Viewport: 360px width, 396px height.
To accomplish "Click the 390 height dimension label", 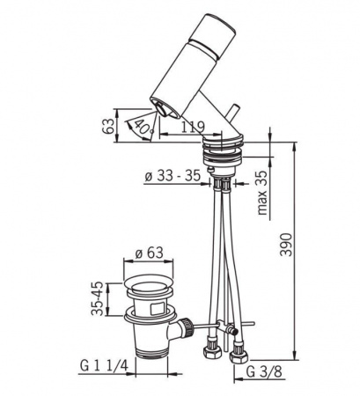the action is (285, 245).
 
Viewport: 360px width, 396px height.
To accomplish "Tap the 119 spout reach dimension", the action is (192, 128).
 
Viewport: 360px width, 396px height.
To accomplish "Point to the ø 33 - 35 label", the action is (173, 176).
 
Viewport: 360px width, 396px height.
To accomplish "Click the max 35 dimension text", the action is (262, 193).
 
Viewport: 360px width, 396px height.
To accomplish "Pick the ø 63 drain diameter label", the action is (149, 253).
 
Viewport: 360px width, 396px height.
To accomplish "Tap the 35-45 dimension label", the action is (98, 298).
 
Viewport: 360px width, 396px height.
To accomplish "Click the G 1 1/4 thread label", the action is (104, 366).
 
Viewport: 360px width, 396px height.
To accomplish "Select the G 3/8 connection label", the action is (264, 372).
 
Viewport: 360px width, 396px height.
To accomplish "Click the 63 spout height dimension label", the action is (107, 126).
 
